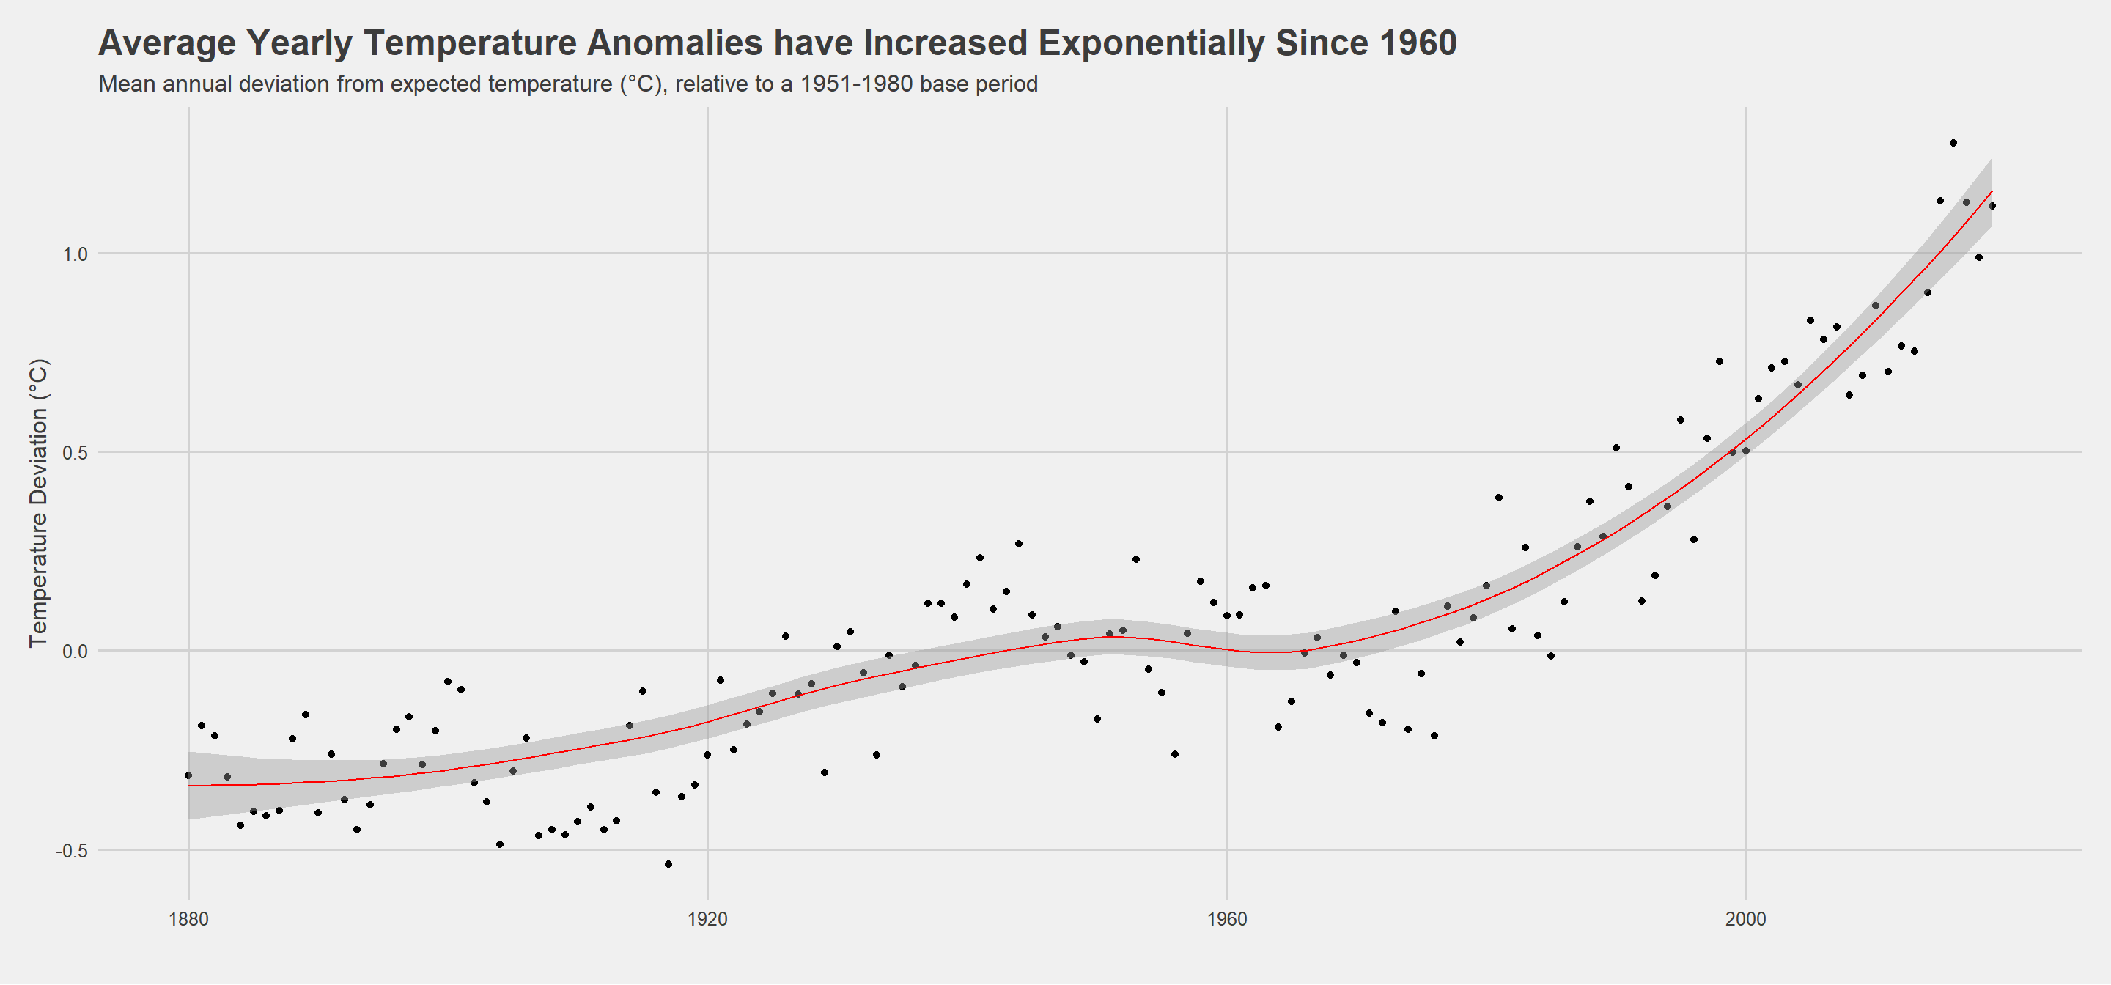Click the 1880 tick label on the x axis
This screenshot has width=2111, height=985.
pos(188,920)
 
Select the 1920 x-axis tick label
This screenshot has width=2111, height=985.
pos(707,920)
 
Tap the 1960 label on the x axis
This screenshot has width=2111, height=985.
pos(1227,920)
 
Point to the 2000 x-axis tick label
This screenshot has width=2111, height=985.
pos(1745,920)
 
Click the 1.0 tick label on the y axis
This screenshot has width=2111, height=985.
pos(75,254)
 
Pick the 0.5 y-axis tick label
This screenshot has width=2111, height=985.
pos(75,453)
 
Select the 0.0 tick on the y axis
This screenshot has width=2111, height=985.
pos(75,652)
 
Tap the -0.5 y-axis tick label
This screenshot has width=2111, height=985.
pos(71,852)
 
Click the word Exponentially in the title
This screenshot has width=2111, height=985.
pos(1152,43)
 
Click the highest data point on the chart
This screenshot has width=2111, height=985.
pos(1953,144)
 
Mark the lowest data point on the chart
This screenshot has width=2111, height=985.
pos(668,865)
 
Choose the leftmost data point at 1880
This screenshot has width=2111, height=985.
pos(188,775)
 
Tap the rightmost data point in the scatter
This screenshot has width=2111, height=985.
pos(1992,207)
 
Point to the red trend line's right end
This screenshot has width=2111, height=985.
pos(1992,192)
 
